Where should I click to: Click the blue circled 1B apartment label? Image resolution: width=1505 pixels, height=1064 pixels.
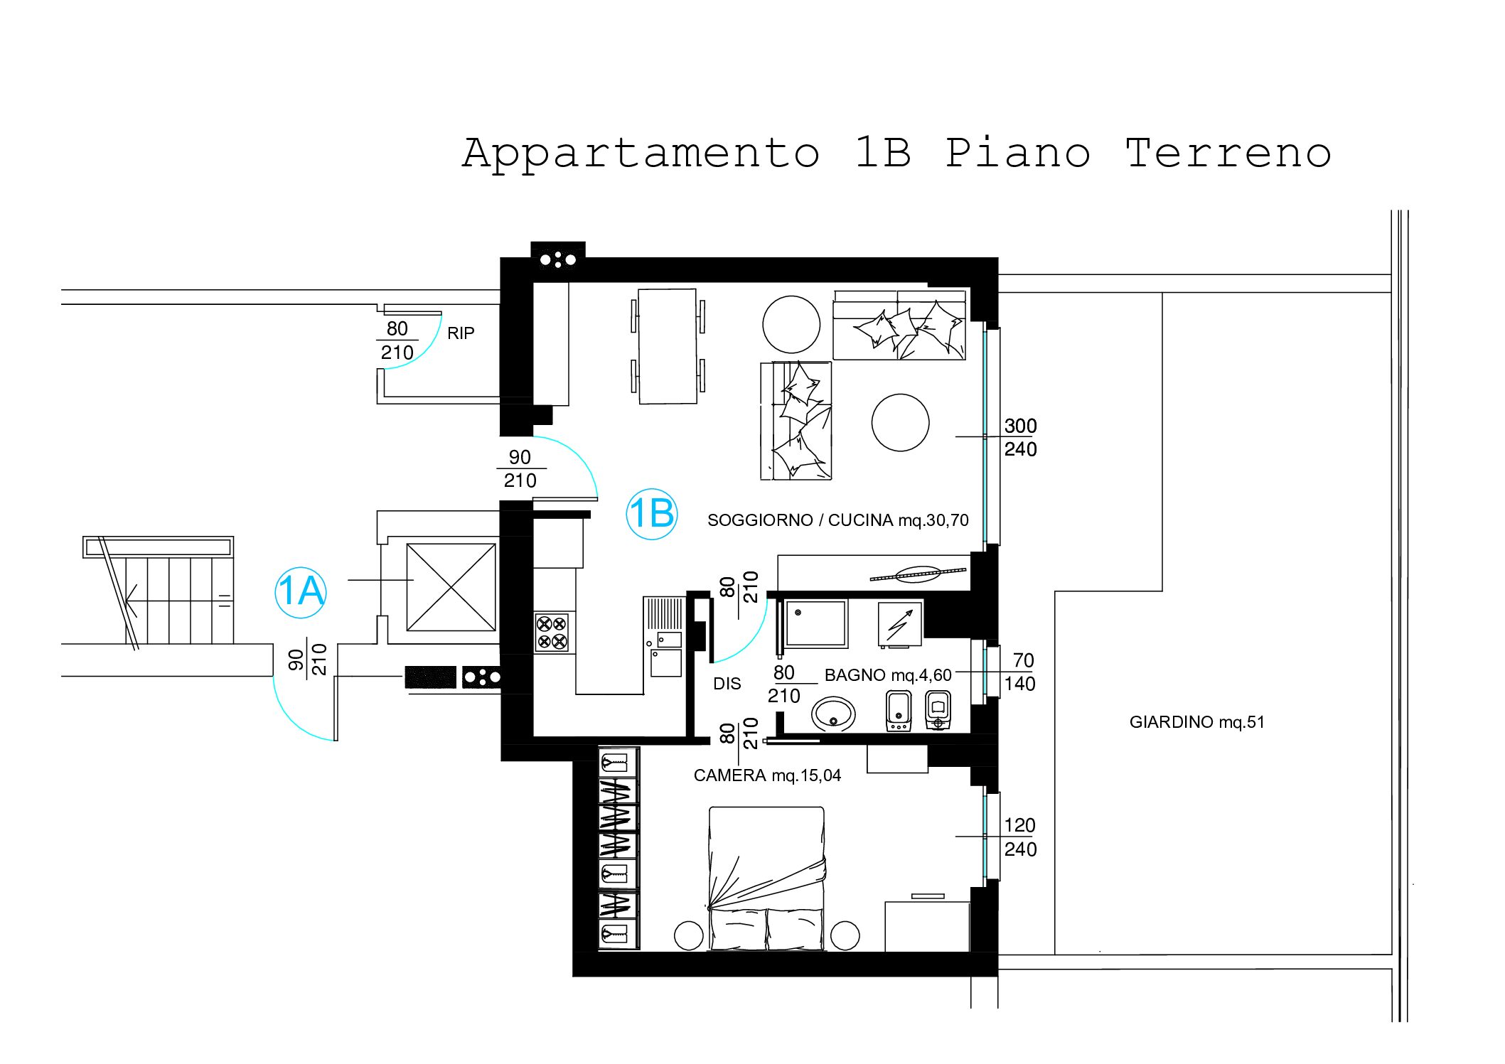point(651,514)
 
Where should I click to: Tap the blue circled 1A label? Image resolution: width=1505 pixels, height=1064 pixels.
point(301,592)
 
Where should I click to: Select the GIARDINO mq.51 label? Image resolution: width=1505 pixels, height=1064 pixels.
point(1197,722)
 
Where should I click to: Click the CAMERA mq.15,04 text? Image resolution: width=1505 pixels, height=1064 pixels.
point(767,775)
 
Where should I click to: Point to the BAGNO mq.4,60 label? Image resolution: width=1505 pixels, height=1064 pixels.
point(888,675)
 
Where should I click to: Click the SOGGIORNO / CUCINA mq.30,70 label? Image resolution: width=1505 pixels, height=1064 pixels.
point(838,520)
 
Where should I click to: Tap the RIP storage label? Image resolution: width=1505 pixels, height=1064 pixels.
point(461,333)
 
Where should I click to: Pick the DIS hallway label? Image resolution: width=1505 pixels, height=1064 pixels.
point(727,684)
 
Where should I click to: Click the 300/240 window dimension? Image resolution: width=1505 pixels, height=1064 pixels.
point(1020,437)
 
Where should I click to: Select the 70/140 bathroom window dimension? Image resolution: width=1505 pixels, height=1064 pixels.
point(1020,672)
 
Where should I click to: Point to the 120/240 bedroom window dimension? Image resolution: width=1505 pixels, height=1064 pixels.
point(1020,837)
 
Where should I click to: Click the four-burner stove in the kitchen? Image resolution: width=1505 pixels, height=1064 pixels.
point(552,633)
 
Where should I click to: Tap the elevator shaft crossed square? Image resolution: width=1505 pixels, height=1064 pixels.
point(451,587)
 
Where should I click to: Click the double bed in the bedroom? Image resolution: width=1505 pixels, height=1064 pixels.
point(767,878)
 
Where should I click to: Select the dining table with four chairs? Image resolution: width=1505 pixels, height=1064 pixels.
point(667,346)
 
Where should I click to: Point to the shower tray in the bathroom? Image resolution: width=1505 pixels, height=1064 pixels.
point(816,623)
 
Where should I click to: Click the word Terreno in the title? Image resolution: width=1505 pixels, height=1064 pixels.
point(1228,153)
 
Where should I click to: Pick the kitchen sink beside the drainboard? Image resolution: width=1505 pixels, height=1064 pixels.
point(666,663)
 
